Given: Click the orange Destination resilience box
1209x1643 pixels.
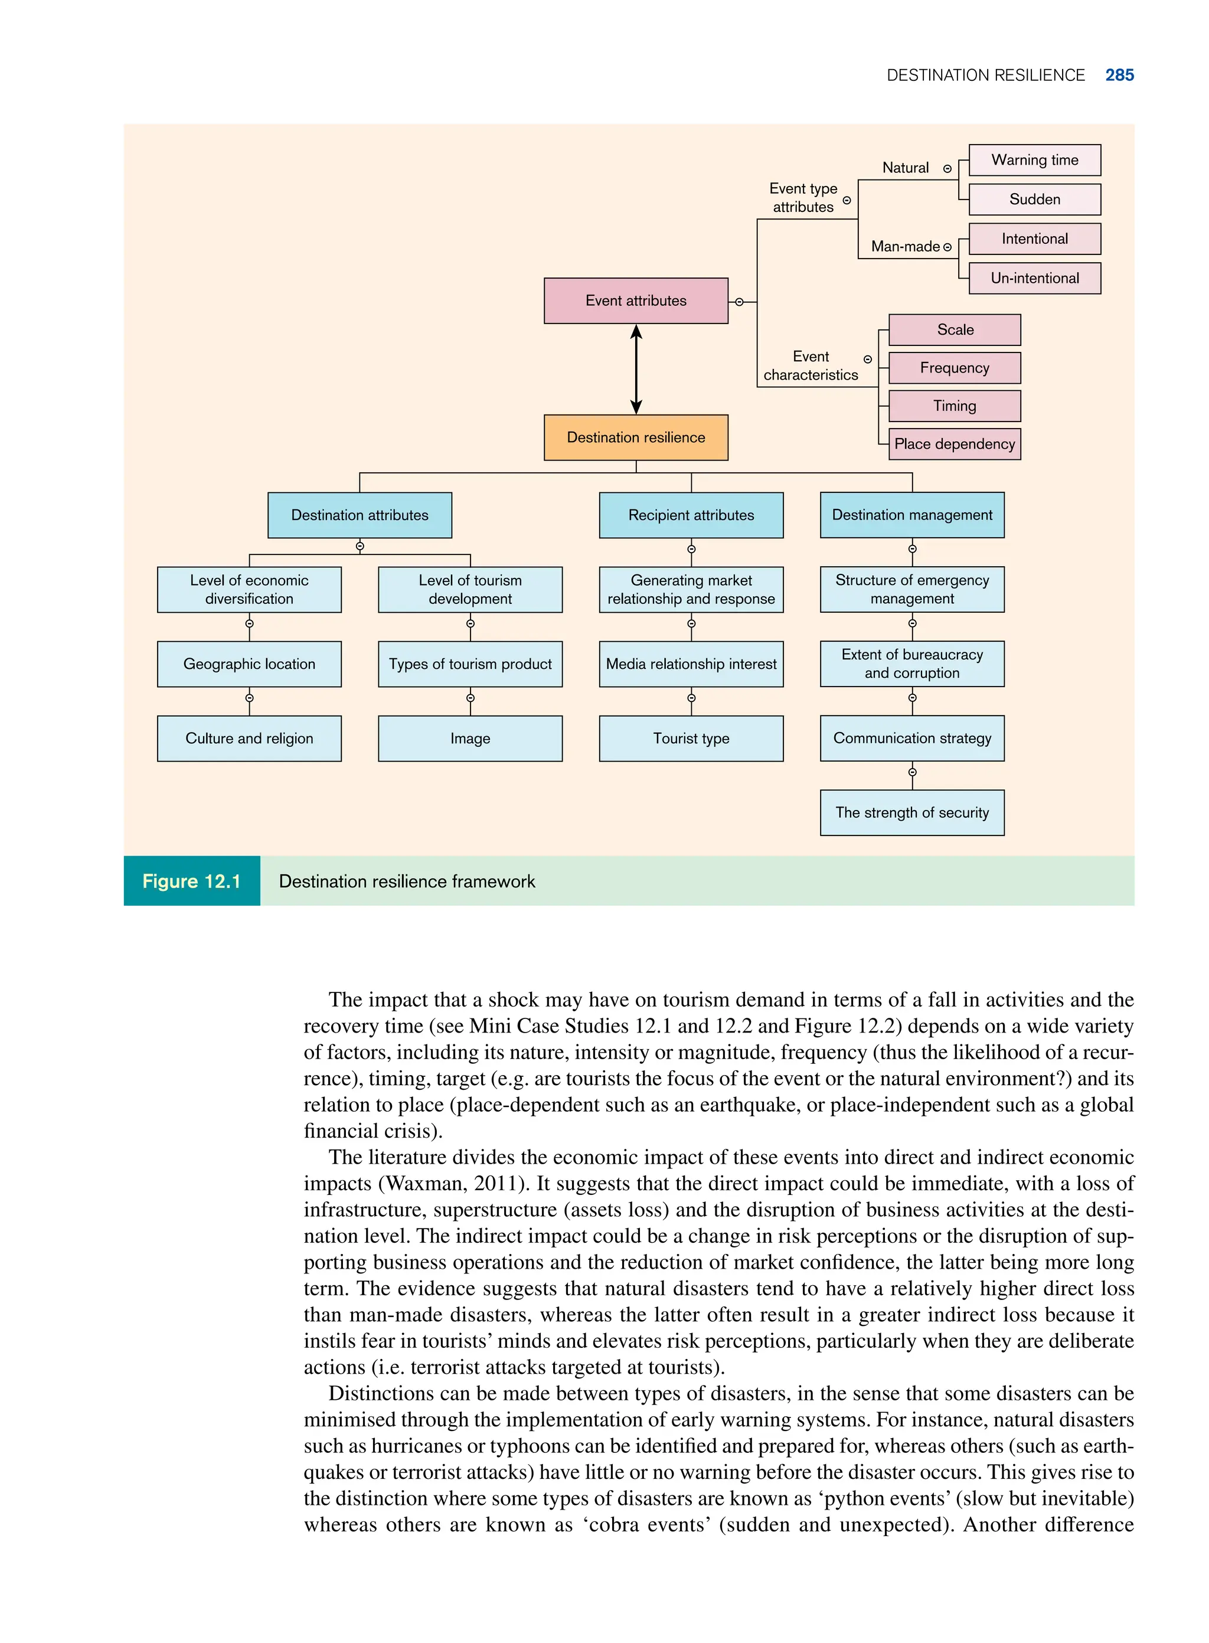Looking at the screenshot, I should [x=635, y=437].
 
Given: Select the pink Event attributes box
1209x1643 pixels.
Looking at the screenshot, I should [x=635, y=300].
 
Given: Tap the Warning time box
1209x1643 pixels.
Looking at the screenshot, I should [x=1034, y=160].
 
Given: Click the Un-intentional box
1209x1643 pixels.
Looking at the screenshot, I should [x=1034, y=278].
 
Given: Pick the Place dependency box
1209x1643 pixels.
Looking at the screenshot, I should [x=955, y=444].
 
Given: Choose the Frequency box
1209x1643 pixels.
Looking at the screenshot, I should [x=955, y=368].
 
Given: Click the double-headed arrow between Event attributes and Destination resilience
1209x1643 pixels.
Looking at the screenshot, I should [x=636, y=370].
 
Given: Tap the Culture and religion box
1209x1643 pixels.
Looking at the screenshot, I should [x=249, y=739].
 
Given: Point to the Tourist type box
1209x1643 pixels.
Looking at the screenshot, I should [x=691, y=739].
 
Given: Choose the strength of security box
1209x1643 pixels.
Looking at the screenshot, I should [x=912, y=812].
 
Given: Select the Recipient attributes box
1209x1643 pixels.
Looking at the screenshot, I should [x=691, y=515].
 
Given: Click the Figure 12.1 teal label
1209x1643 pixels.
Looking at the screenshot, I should [x=192, y=881].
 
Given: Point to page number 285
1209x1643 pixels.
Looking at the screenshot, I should [x=1119, y=76].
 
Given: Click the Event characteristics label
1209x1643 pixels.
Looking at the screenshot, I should [x=810, y=366].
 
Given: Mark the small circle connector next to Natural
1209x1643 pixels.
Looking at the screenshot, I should [x=947, y=169].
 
